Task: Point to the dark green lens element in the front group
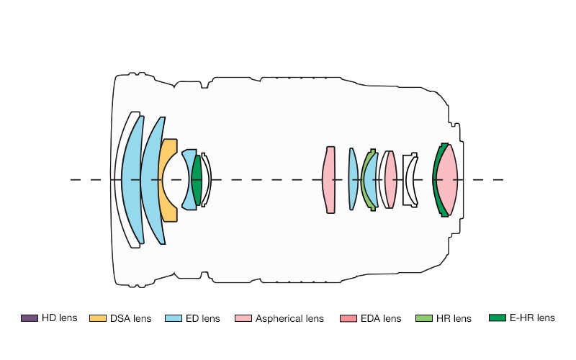197,180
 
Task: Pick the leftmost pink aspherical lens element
329,180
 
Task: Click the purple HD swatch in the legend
30,318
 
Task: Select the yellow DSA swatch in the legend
98,318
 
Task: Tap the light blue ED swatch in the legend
173,318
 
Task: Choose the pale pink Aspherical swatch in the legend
243,318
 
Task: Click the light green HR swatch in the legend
425,318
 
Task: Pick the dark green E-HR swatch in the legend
497,318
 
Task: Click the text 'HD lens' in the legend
59,318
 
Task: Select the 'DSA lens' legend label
131,318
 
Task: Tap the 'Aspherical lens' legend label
289,318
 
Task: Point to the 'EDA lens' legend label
382,318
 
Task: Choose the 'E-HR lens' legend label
532,318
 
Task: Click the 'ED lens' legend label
202,318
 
